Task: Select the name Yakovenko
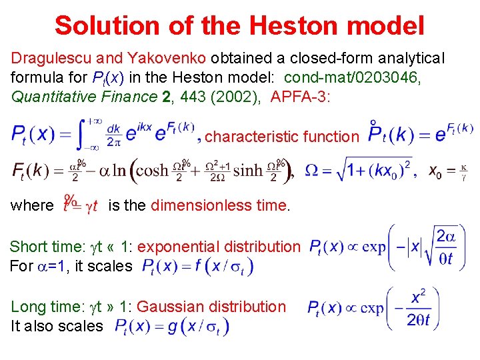153,59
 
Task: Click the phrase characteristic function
282,137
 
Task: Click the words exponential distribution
219,247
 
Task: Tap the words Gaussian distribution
211,307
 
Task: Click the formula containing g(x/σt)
172,327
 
